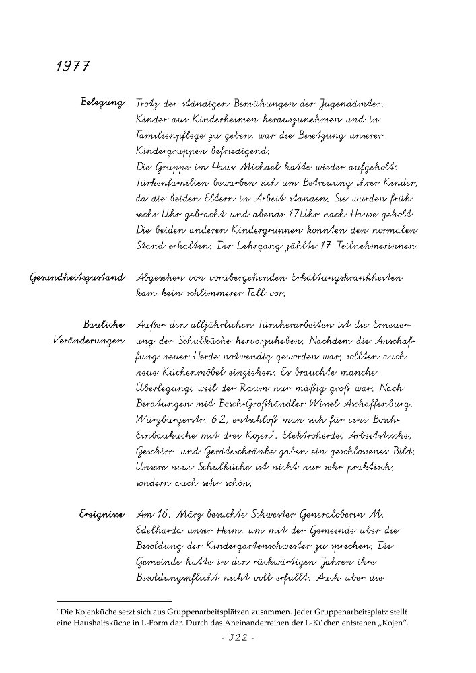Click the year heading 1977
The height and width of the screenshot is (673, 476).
coord(74,67)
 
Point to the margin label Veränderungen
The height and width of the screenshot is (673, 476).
coord(89,341)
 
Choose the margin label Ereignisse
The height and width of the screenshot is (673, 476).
coord(102,514)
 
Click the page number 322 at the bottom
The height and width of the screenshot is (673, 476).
coord(237,638)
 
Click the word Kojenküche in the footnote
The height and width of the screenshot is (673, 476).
coord(101,612)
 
